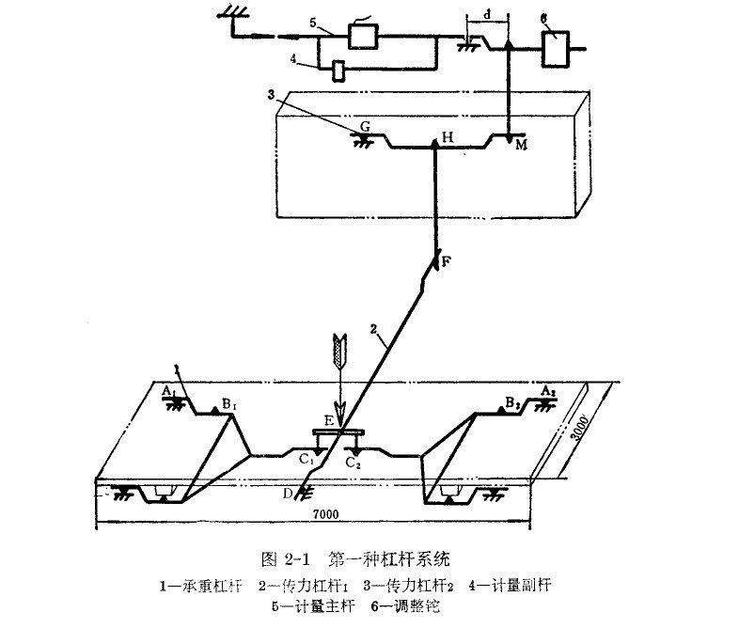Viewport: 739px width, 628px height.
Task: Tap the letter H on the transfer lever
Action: (x=447, y=137)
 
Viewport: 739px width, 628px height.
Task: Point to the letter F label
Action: (x=447, y=262)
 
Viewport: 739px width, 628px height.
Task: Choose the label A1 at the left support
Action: (x=167, y=389)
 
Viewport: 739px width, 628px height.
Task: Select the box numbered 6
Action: (x=557, y=47)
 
